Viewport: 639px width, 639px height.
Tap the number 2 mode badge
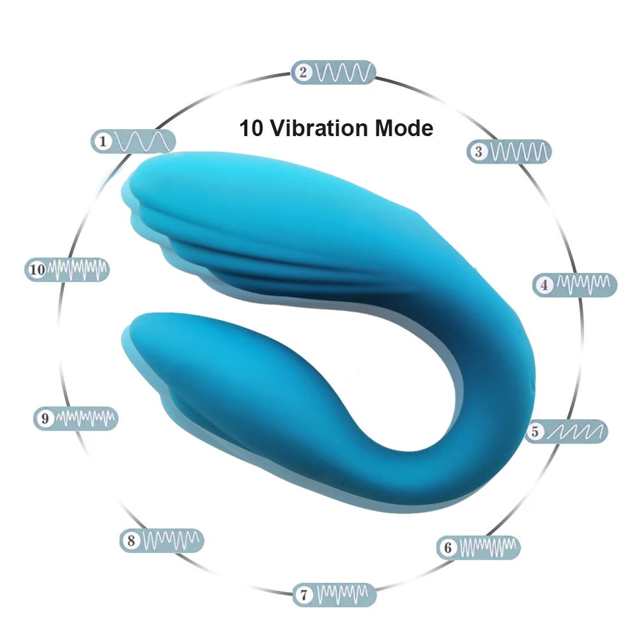[x=334, y=72]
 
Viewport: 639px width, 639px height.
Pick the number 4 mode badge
[x=575, y=284]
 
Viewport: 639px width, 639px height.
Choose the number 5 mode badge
[x=567, y=432]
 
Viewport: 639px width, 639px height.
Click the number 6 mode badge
[x=479, y=548]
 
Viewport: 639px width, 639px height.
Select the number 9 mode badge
[x=75, y=419]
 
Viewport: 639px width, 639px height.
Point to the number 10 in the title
[x=251, y=128]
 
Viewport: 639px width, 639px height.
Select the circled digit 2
[x=304, y=72]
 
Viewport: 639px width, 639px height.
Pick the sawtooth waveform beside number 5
[x=577, y=432]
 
